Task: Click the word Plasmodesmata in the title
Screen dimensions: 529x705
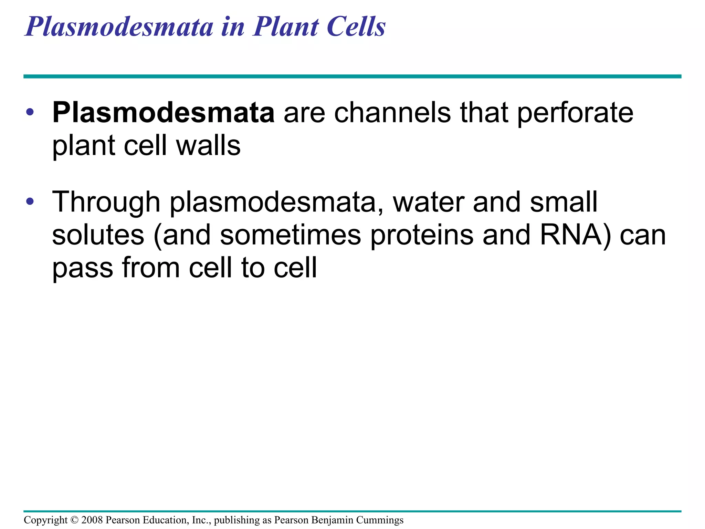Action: click(119, 27)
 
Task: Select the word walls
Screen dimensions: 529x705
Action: click(208, 145)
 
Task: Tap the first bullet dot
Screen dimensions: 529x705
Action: click(30, 112)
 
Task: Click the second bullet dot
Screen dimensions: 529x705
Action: click(30, 201)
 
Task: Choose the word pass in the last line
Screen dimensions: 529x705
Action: click(82, 268)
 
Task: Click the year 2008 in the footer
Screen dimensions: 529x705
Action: click(92, 520)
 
